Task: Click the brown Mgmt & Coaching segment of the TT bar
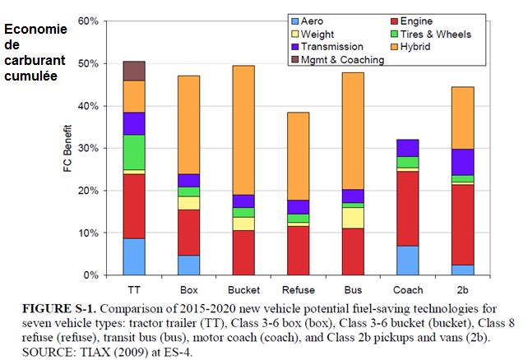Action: (133, 71)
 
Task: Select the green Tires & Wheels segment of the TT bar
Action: (133, 152)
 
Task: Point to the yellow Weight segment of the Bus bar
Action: (353, 218)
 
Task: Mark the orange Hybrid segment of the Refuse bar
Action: (299, 156)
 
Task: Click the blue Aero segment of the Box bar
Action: (188, 265)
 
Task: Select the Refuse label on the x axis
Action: (298, 290)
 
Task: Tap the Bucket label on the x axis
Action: (243, 290)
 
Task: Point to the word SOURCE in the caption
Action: (37, 346)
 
